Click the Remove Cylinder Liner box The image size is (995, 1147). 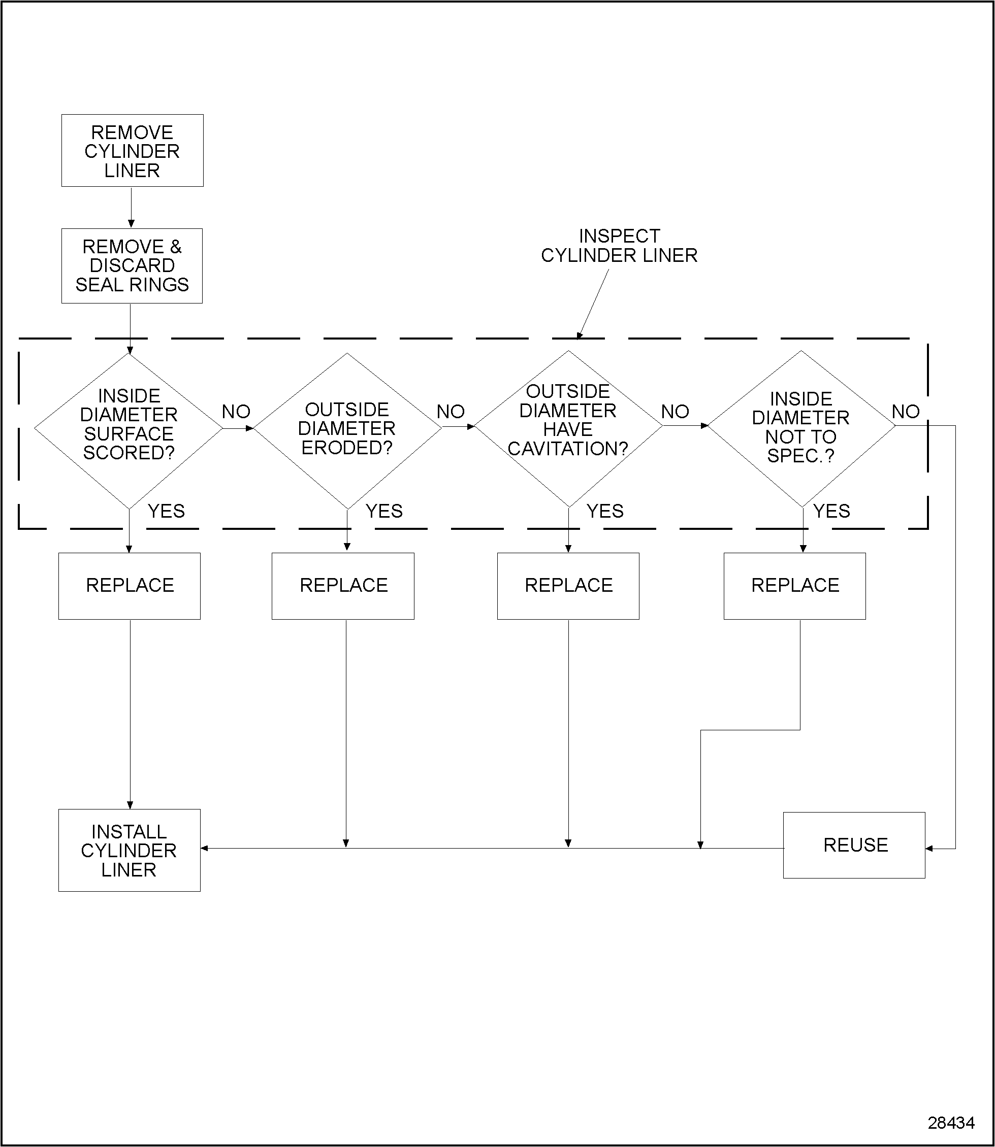click(132, 150)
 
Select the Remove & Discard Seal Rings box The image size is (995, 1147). click(132, 266)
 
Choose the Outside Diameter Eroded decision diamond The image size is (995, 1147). click(347, 429)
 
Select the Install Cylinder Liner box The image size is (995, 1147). click(130, 850)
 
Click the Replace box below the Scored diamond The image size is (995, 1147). click(130, 586)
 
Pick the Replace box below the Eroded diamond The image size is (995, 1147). click(343, 586)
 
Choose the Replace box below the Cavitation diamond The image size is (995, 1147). click(568, 586)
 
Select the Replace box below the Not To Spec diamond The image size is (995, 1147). click(794, 586)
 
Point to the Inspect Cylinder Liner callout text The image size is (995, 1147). click(619, 246)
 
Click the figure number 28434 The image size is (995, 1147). click(951, 1123)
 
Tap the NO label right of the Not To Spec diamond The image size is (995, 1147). click(906, 412)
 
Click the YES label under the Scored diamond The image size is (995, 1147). click(166, 511)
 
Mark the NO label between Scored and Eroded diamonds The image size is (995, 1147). click(236, 412)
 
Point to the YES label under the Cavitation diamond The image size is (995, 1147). click(604, 511)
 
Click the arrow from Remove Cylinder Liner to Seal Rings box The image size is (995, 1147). click(131, 208)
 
